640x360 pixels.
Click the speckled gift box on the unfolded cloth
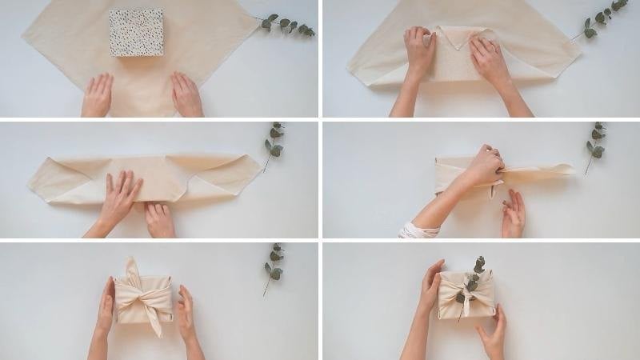coord(136,33)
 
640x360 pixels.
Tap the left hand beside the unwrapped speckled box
coord(98,95)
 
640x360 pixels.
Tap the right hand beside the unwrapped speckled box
coord(186,95)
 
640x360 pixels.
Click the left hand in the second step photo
coord(418,53)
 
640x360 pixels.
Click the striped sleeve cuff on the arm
coord(418,231)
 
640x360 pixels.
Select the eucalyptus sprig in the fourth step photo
coord(595,144)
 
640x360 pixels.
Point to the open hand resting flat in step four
coord(513,214)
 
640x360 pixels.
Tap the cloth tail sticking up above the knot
coord(131,270)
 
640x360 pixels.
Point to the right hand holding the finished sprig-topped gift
coord(492,332)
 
